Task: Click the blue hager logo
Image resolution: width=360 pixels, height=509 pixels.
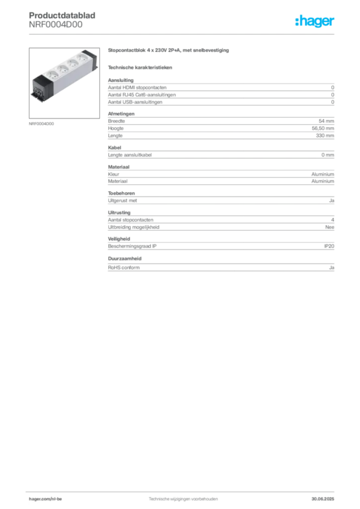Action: click(316, 22)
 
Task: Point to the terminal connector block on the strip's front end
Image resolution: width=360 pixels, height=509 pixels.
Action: click(38, 90)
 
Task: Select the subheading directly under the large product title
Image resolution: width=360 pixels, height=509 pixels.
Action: click(141, 67)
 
